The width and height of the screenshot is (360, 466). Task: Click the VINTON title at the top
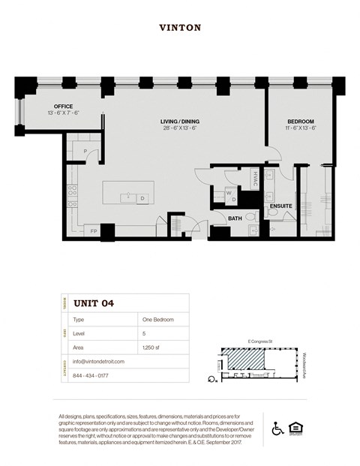coord(180,28)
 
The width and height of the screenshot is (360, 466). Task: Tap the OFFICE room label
coord(63,107)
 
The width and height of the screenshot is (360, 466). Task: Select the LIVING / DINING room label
coord(179,121)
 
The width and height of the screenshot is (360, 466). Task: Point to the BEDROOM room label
coord(300,121)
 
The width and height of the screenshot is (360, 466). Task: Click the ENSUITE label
coord(280,205)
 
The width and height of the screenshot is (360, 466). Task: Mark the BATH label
coord(235,218)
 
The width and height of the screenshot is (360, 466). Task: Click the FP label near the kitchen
coord(94,231)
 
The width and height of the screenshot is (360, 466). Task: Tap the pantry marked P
coord(85,151)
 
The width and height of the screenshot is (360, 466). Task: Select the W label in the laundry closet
coord(227,191)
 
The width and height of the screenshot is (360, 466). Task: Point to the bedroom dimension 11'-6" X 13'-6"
coord(300,128)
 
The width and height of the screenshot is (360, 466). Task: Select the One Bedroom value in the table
coord(157,319)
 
